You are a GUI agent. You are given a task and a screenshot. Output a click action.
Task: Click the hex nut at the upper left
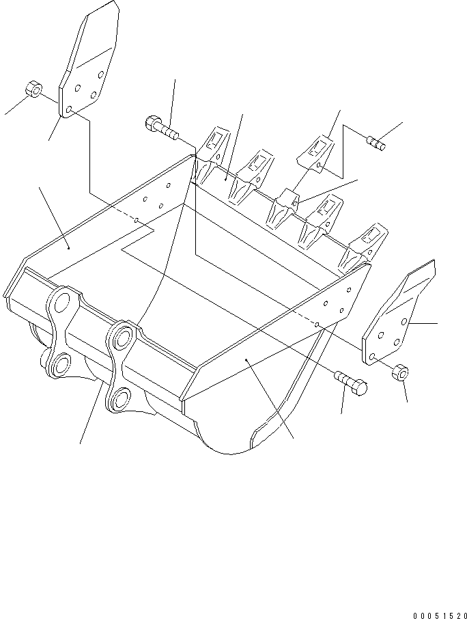click(x=32, y=90)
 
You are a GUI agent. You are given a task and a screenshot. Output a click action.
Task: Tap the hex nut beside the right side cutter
click(x=401, y=374)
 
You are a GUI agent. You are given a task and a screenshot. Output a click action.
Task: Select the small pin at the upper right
click(x=376, y=143)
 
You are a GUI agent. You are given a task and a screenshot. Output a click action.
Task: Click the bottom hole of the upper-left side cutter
click(x=71, y=109)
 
